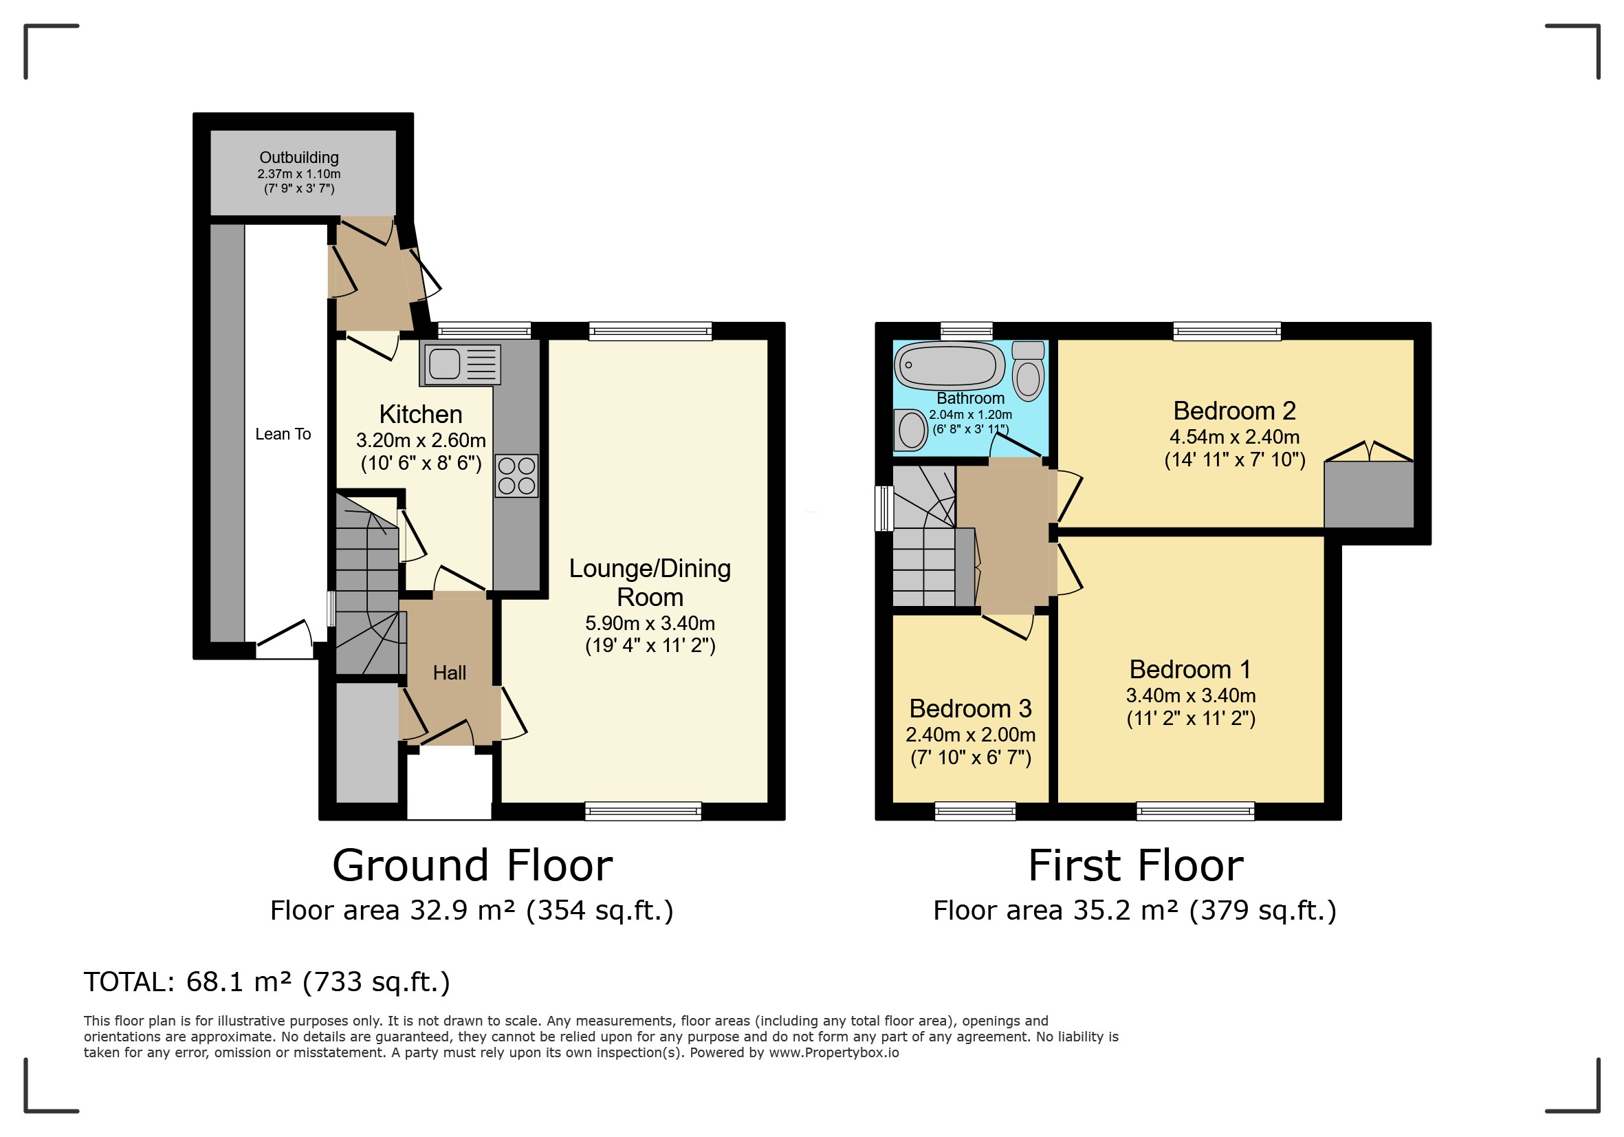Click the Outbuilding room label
coord(299,157)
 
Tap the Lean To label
coord(283,434)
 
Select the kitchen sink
coord(461,365)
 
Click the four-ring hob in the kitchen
coord(516,475)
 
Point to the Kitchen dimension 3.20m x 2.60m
coord(421,440)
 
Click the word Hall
coord(449,672)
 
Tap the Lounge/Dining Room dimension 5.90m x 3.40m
coord(650,623)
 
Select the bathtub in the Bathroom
coord(950,366)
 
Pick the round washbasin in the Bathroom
coord(911,430)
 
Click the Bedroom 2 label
coord(1234,411)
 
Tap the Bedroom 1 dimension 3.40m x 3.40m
coord(1191,695)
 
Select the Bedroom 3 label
coord(970,708)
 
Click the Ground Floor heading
coord(472,865)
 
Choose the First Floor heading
coord(1136,865)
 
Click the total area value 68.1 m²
coord(239,982)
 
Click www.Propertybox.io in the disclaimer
coord(834,1053)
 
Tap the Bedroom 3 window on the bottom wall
coord(976,812)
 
